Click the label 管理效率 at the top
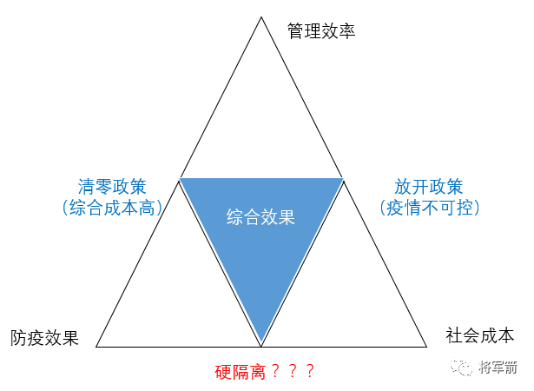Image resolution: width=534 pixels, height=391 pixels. (x=321, y=31)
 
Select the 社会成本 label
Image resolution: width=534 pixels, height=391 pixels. (x=480, y=335)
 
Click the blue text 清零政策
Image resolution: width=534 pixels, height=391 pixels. (x=112, y=186)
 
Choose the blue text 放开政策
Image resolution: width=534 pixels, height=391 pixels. (x=429, y=186)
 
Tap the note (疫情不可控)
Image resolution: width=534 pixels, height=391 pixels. (x=429, y=208)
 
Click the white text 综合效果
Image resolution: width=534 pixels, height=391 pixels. (x=260, y=216)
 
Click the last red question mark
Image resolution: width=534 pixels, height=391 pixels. (x=309, y=370)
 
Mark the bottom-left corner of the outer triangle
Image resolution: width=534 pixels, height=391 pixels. (x=96, y=346)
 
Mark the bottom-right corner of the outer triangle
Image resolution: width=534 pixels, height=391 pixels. (x=427, y=346)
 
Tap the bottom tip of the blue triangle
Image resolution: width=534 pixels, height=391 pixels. (x=261, y=341)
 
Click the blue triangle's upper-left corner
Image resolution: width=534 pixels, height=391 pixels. (x=181, y=179)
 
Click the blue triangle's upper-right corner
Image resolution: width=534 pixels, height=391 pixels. (x=343, y=179)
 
